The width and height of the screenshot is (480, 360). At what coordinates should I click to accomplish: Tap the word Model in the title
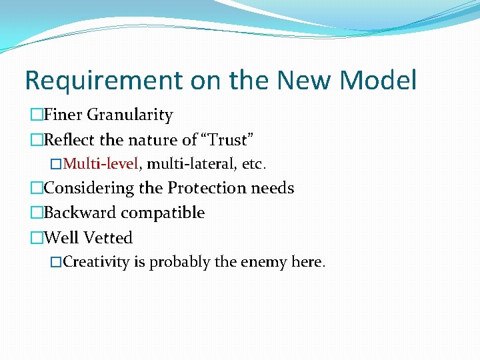378,81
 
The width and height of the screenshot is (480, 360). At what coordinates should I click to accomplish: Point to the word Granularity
130,115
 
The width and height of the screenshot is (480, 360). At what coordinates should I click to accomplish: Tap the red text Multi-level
101,163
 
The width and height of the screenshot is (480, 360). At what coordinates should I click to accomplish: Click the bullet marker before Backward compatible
37,213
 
